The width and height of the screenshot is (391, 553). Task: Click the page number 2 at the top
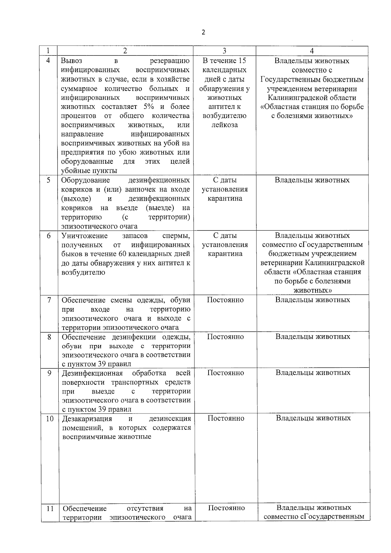203,32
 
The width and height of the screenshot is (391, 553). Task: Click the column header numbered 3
224,51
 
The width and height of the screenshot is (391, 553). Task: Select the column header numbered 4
312,51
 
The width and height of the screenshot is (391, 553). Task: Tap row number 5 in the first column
48,180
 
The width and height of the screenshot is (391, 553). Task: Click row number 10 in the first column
50,418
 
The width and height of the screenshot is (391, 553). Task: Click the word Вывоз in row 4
72,61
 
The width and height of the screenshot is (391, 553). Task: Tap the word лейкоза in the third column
224,125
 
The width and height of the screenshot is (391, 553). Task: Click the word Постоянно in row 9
225,373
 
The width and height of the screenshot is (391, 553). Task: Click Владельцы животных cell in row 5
312,180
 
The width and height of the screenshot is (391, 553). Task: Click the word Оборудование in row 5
86,180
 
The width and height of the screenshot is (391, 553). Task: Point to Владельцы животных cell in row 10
313,418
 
